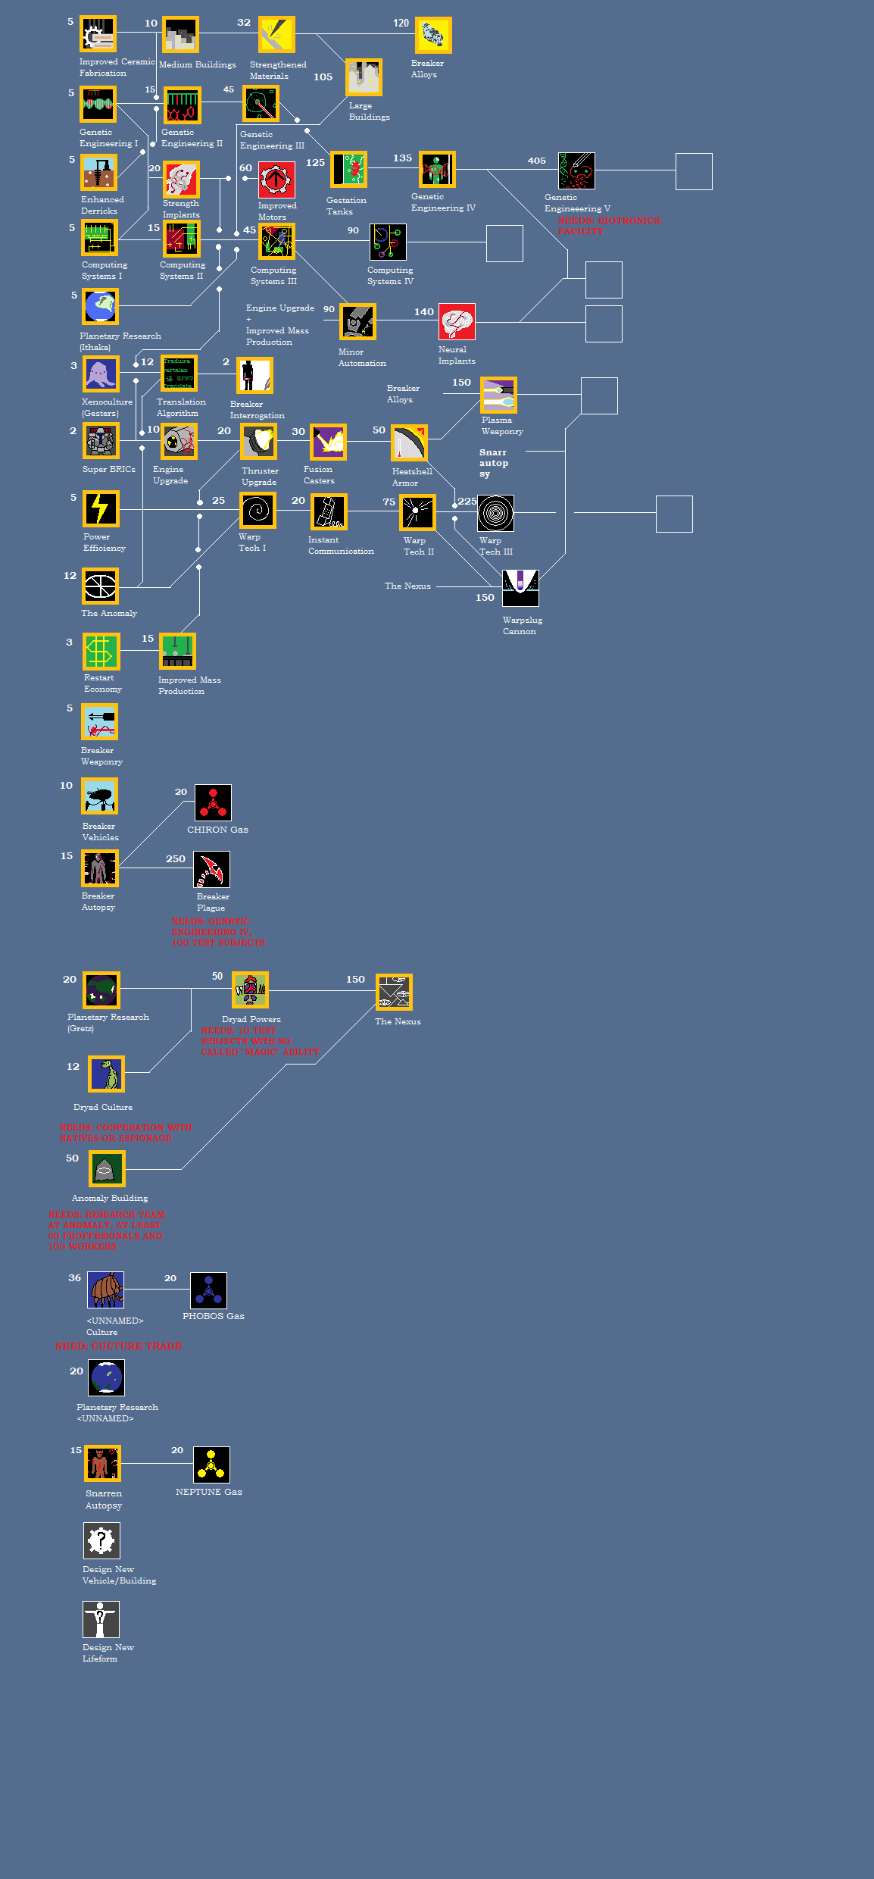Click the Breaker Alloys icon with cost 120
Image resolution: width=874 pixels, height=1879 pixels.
tap(433, 36)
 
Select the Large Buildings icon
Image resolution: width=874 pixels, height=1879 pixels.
tap(364, 77)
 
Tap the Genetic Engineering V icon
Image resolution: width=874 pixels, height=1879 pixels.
tap(576, 170)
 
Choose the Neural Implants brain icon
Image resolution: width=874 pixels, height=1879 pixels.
tap(457, 322)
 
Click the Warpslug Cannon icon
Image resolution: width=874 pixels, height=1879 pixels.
tap(520, 588)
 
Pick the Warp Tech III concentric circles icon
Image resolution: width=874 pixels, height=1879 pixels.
tap(495, 514)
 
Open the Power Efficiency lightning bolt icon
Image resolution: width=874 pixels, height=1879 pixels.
tap(101, 508)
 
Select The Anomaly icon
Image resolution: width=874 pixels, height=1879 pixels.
tap(101, 586)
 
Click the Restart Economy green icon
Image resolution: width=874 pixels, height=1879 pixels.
tap(101, 651)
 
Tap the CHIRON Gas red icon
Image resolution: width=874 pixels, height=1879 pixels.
tap(213, 802)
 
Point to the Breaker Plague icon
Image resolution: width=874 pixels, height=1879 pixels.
tap(211, 870)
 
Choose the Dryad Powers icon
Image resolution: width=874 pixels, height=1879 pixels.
tap(251, 990)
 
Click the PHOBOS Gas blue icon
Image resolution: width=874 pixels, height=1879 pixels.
tap(208, 1290)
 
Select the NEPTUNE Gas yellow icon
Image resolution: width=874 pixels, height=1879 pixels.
tap(211, 1465)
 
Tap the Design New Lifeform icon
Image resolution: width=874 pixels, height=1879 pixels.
tap(101, 1619)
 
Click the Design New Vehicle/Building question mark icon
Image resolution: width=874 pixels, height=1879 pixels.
tap(101, 1540)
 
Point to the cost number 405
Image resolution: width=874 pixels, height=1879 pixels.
tap(536, 161)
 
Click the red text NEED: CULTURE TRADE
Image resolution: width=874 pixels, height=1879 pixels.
tap(118, 1346)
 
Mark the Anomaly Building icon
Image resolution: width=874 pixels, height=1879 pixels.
tap(107, 1168)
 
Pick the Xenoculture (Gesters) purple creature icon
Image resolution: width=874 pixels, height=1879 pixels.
tap(101, 374)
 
